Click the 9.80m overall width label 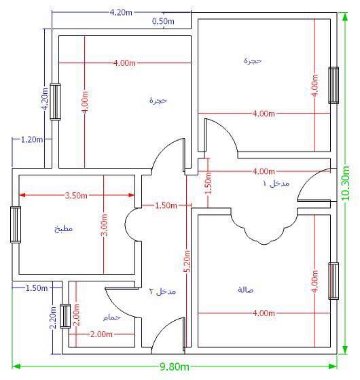(175, 366)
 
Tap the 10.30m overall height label (346, 184)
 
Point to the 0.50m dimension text (163, 21)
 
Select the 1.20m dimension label (32, 139)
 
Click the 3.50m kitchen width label (76, 195)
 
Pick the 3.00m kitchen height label (104, 225)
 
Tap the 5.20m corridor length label (187, 261)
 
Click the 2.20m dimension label (53, 317)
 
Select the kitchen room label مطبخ (63, 229)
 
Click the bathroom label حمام (112, 317)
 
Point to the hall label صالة (245, 290)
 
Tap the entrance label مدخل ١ (276, 184)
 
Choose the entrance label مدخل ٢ (162, 291)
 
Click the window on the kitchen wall (16, 224)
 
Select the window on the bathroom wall (65, 316)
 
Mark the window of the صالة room (334, 281)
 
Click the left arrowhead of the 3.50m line (22, 195)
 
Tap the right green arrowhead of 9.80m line (334, 366)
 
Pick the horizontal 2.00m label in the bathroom (101, 334)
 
